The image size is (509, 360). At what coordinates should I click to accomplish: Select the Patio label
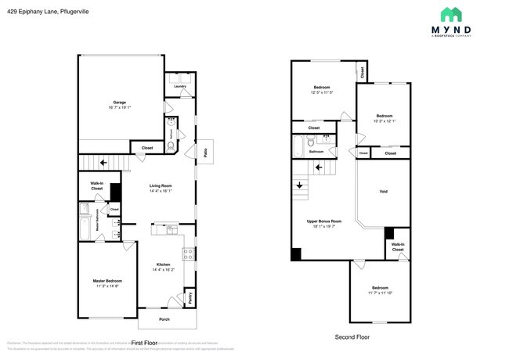click(x=205, y=152)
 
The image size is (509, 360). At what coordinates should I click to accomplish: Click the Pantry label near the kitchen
click(x=190, y=297)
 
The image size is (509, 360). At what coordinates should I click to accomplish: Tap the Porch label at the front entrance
click(x=165, y=319)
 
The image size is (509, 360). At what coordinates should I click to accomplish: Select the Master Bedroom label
click(x=107, y=281)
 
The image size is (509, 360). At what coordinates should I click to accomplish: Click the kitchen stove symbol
click(x=188, y=253)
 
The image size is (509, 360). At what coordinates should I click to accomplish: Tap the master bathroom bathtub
click(x=84, y=224)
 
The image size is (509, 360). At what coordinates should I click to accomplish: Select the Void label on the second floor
click(x=383, y=192)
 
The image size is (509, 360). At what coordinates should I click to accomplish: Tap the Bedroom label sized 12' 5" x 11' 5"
click(x=322, y=87)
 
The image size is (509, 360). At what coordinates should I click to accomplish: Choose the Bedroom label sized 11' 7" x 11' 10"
click(x=380, y=288)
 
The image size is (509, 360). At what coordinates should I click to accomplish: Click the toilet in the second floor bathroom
click(x=311, y=142)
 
